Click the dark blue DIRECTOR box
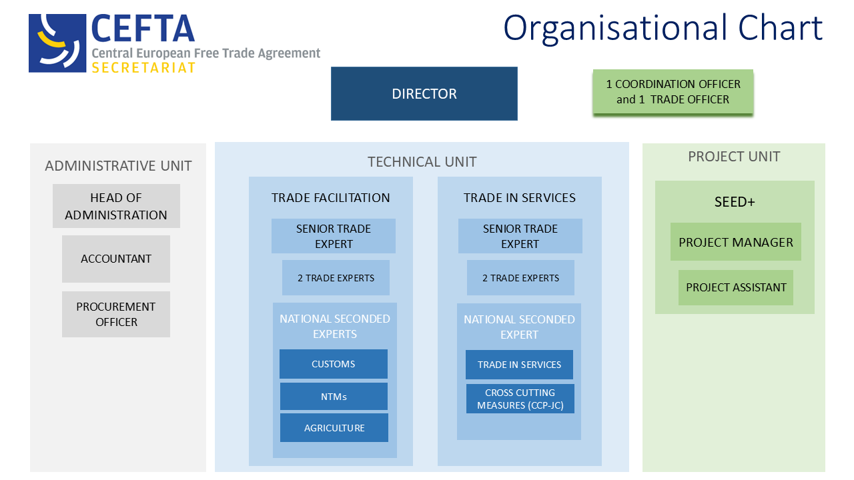tap(424, 93)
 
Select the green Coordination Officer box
tap(673, 92)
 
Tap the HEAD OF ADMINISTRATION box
tap(116, 206)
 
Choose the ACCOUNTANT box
tap(116, 259)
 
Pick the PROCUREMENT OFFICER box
tap(116, 314)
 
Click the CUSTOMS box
tap(334, 364)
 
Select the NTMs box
tap(334, 397)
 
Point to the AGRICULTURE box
tap(334, 428)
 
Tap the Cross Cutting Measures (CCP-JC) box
tap(520, 399)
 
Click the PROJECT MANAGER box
tap(736, 242)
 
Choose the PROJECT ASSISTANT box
tap(736, 287)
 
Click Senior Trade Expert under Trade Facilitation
tap(334, 236)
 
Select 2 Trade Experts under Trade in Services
tap(520, 278)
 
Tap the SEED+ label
tap(734, 201)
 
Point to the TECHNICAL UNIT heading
tap(422, 162)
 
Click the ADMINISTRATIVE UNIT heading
tap(118, 166)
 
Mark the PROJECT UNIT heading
tap(734, 157)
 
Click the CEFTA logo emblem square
tap(57, 43)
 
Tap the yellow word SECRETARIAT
tap(143, 68)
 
